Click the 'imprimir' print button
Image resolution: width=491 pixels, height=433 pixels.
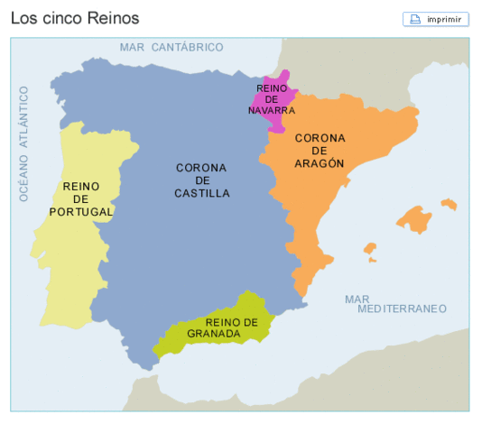tap(436, 19)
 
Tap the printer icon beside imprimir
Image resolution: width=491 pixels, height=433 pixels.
tap(416, 19)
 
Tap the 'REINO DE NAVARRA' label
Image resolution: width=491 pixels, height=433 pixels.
tap(272, 99)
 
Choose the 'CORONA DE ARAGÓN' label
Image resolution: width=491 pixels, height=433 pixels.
tap(320, 151)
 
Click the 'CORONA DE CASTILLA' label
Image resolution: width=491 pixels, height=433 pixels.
tap(201, 180)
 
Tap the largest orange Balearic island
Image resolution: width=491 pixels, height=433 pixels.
tap(414, 219)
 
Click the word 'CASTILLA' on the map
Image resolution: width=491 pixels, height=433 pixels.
tap(201, 193)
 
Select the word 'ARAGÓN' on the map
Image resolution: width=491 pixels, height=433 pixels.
tap(320, 163)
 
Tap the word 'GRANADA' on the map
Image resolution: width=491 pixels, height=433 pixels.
tap(215, 334)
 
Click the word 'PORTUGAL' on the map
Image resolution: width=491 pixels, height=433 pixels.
tap(82, 212)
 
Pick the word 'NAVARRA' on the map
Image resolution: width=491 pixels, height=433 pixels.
tap(272, 110)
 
